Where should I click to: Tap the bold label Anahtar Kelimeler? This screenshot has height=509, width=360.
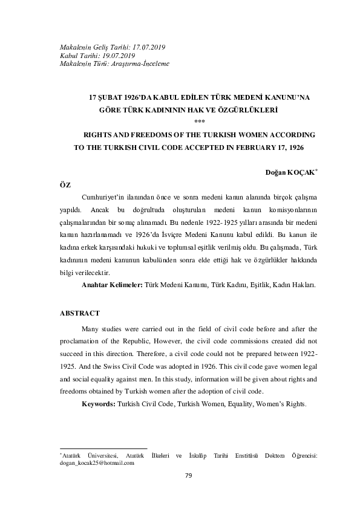tap(112, 284)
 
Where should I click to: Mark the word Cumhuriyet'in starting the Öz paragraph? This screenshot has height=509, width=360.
tap(103, 198)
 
